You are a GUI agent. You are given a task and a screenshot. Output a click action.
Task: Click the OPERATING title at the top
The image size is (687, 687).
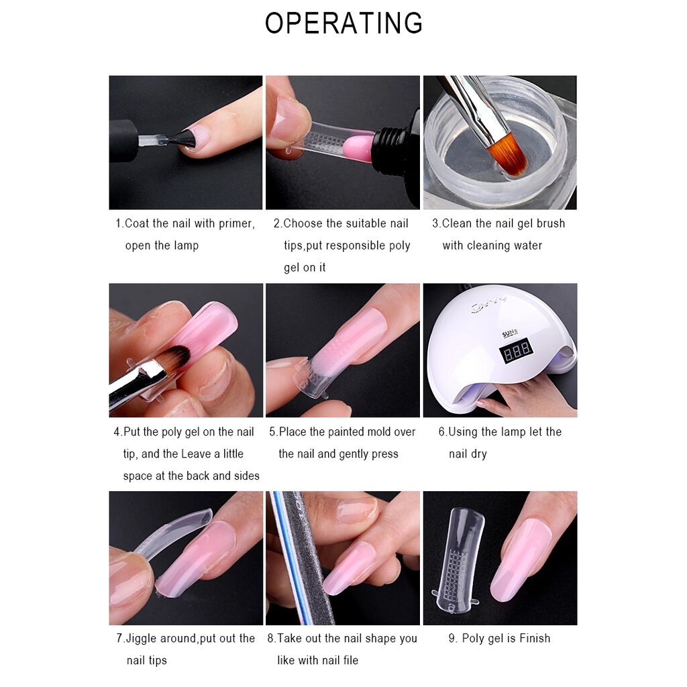[344, 23]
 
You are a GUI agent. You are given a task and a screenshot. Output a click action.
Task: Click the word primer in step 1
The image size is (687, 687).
[237, 223]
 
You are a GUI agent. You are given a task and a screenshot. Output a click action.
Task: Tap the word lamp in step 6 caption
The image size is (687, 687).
[513, 432]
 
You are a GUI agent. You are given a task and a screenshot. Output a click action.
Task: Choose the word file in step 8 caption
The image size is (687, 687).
[350, 660]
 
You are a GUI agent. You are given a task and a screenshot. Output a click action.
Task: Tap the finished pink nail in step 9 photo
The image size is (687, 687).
[521, 559]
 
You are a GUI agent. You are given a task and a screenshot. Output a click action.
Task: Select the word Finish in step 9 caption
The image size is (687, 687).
[535, 639]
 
